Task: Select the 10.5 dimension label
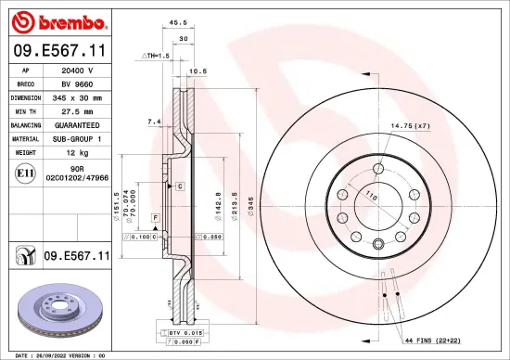point(198,71)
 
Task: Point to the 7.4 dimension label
point(154,122)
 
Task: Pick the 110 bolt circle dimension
point(371,197)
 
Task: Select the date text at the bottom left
point(56,355)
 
